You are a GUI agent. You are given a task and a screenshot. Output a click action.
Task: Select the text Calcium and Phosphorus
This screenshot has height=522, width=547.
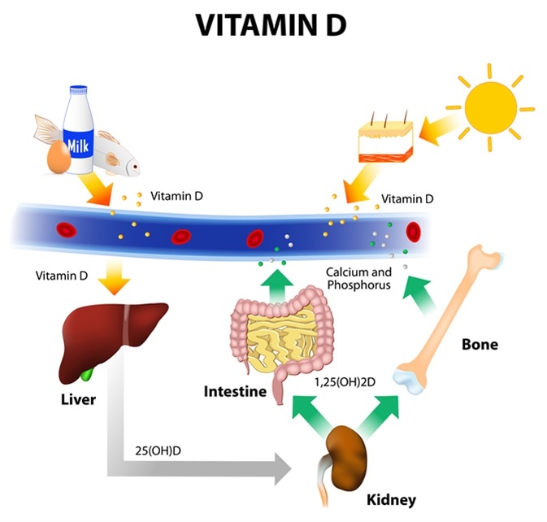[x=358, y=278]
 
